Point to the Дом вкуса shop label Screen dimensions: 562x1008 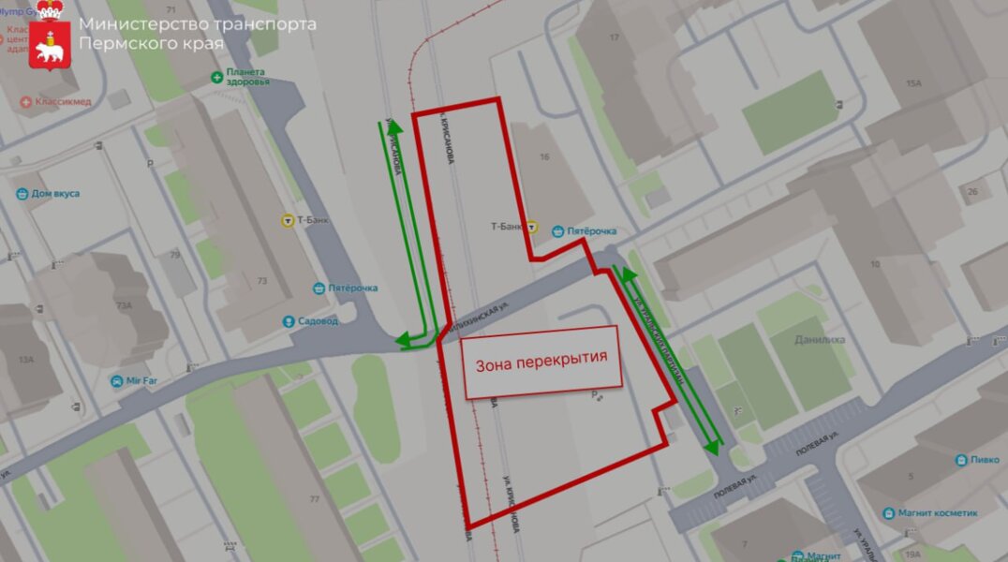pyautogui.click(x=55, y=194)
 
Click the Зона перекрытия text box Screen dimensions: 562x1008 pyautogui.click(x=541, y=357)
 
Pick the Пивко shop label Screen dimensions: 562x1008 pyautogui.click(x=984, y=460)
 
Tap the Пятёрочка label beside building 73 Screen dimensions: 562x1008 pyautogui.click(x=351, y=288)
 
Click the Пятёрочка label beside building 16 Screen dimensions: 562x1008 pyautogui.click(x=591, y=230)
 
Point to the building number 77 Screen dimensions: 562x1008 pyautogui.click(x=315, y=499)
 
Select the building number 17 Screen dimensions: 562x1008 pyautogui.click(x=615, y=37)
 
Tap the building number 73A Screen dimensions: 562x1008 pyautogui.click(x=123, y=305)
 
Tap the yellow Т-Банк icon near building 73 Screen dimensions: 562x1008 pyautogui.click(x=287, y=221)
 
